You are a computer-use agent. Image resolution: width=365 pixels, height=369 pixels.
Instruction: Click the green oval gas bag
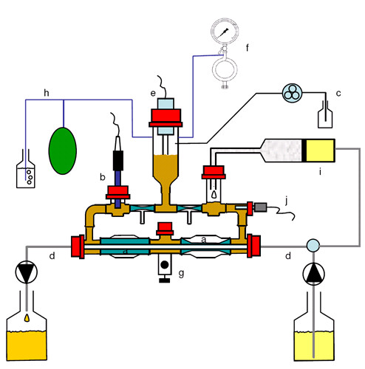(63, 151)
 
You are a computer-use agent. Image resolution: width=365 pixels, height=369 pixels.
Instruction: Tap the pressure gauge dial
(225, 31)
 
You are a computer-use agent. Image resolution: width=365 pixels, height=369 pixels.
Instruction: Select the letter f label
(248, 47)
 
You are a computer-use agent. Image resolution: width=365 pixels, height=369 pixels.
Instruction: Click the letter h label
(47, 93)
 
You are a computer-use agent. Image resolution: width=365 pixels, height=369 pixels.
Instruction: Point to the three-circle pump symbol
(292, 93)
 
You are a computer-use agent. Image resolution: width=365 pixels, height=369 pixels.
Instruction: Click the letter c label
(338, 94)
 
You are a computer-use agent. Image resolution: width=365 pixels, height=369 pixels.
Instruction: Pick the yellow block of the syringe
(320, 151)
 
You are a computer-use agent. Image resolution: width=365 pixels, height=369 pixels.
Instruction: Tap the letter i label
(320, 171)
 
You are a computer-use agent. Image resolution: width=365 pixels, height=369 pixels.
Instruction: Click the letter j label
(286, 201)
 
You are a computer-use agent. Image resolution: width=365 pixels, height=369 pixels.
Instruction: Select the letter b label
(103, 177)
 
